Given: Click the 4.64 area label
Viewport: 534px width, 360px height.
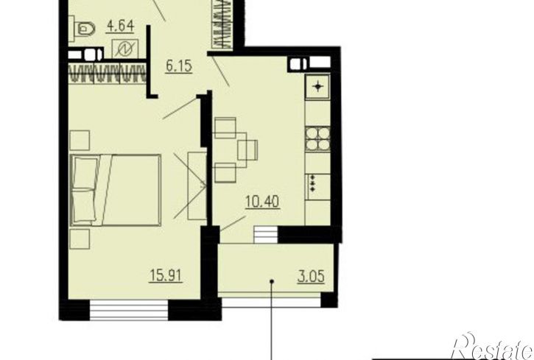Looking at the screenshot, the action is (x=120, y=27).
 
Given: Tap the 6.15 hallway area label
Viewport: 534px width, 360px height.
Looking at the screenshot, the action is (x=179, y=66).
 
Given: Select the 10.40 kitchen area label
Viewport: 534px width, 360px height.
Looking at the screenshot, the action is (x=262, y=202).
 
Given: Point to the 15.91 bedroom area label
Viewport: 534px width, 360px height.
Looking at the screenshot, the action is (x=166, y=275).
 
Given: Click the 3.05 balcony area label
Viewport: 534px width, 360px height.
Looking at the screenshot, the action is (x=311, y=276).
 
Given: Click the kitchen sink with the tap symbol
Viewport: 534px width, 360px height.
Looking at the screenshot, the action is (x=317, y=86).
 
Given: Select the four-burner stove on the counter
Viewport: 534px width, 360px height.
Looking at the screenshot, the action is (x=317, y=139).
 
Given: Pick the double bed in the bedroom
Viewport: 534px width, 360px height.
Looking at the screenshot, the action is (x=116, y=190).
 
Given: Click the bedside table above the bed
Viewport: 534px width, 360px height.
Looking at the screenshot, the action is (x=80, y=140).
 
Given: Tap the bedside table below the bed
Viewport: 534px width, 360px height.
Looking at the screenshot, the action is (x=80, y=239).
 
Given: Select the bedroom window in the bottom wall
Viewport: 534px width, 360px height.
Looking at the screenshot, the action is (x=129, y=310).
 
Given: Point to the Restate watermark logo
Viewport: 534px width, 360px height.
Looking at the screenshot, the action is (x=493, y=346).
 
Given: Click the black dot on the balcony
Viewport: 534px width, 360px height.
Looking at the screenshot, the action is (x=272, y=281).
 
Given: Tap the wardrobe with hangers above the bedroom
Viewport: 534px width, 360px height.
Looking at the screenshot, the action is (x=108, y=73).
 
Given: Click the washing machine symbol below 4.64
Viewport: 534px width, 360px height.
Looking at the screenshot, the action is (x=125, y=49).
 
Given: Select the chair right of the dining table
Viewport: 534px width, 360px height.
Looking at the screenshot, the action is (x=247, y=149).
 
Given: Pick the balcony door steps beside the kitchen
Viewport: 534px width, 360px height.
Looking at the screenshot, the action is (x=266, y=234).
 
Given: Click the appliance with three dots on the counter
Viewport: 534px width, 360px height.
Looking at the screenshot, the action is (x=318, y=187).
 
